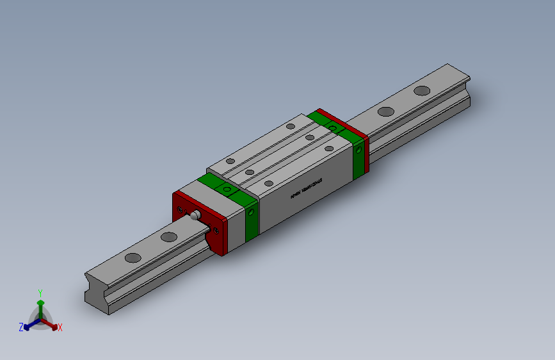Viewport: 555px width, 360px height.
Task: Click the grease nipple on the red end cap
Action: tap(196, 215)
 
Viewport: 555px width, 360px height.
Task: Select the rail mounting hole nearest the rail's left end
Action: tap(133, 258)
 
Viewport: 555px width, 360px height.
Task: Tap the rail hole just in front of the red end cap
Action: tap(169, 237)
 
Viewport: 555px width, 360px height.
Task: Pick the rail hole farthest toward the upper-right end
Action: tap(422, 90)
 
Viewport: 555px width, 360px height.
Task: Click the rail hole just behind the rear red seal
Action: tap(385, 111)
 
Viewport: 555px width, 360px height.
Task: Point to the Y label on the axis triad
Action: tap(40, 292)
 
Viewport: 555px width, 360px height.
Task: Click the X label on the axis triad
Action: tap(60, 327)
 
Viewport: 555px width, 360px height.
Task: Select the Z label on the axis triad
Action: tap(20, 327)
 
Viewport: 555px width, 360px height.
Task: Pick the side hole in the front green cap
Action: tap(252, 209)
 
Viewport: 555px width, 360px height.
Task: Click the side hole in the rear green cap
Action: tap(358, 149)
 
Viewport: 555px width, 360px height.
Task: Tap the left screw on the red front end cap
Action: tap(181, 208)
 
